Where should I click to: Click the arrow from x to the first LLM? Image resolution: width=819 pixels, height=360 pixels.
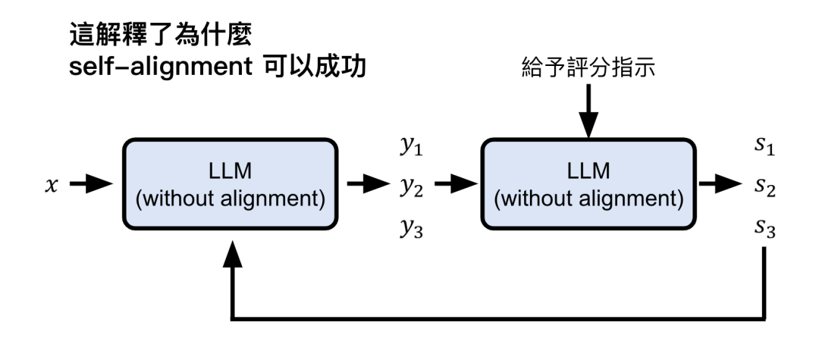[87, 184]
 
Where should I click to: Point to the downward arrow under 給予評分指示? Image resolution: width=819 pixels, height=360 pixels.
[588, 114]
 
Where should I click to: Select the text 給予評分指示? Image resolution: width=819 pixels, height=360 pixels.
[588, 70]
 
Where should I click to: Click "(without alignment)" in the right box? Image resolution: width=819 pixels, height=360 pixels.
[588, 199]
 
